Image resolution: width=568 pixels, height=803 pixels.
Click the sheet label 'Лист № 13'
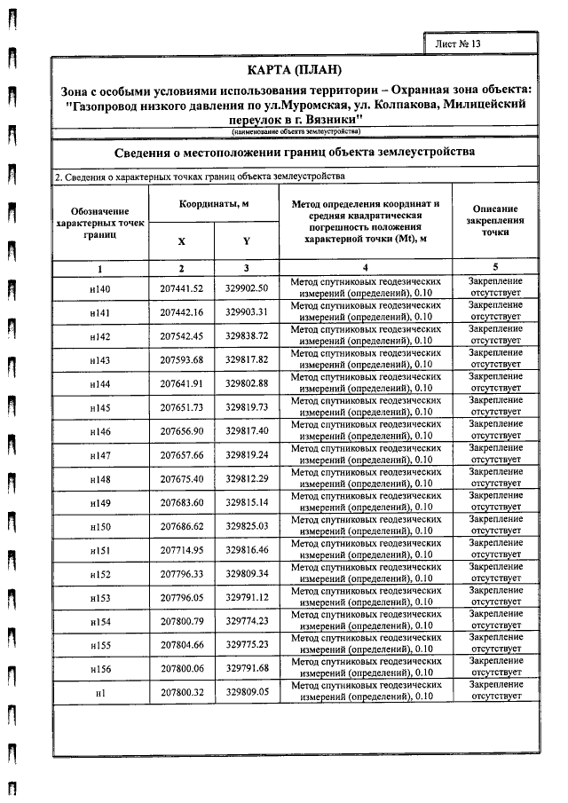pos(458,43)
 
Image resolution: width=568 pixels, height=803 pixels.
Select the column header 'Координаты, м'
pos(214,203)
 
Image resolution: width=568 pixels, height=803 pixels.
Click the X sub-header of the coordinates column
pos(182,240)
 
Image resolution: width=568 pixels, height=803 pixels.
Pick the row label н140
pos(100,289)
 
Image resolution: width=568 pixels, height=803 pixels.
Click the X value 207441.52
pos(182,289)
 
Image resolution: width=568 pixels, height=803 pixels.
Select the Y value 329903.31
pos(247,312)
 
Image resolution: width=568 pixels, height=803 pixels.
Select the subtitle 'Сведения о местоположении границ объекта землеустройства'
pos(295,152)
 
